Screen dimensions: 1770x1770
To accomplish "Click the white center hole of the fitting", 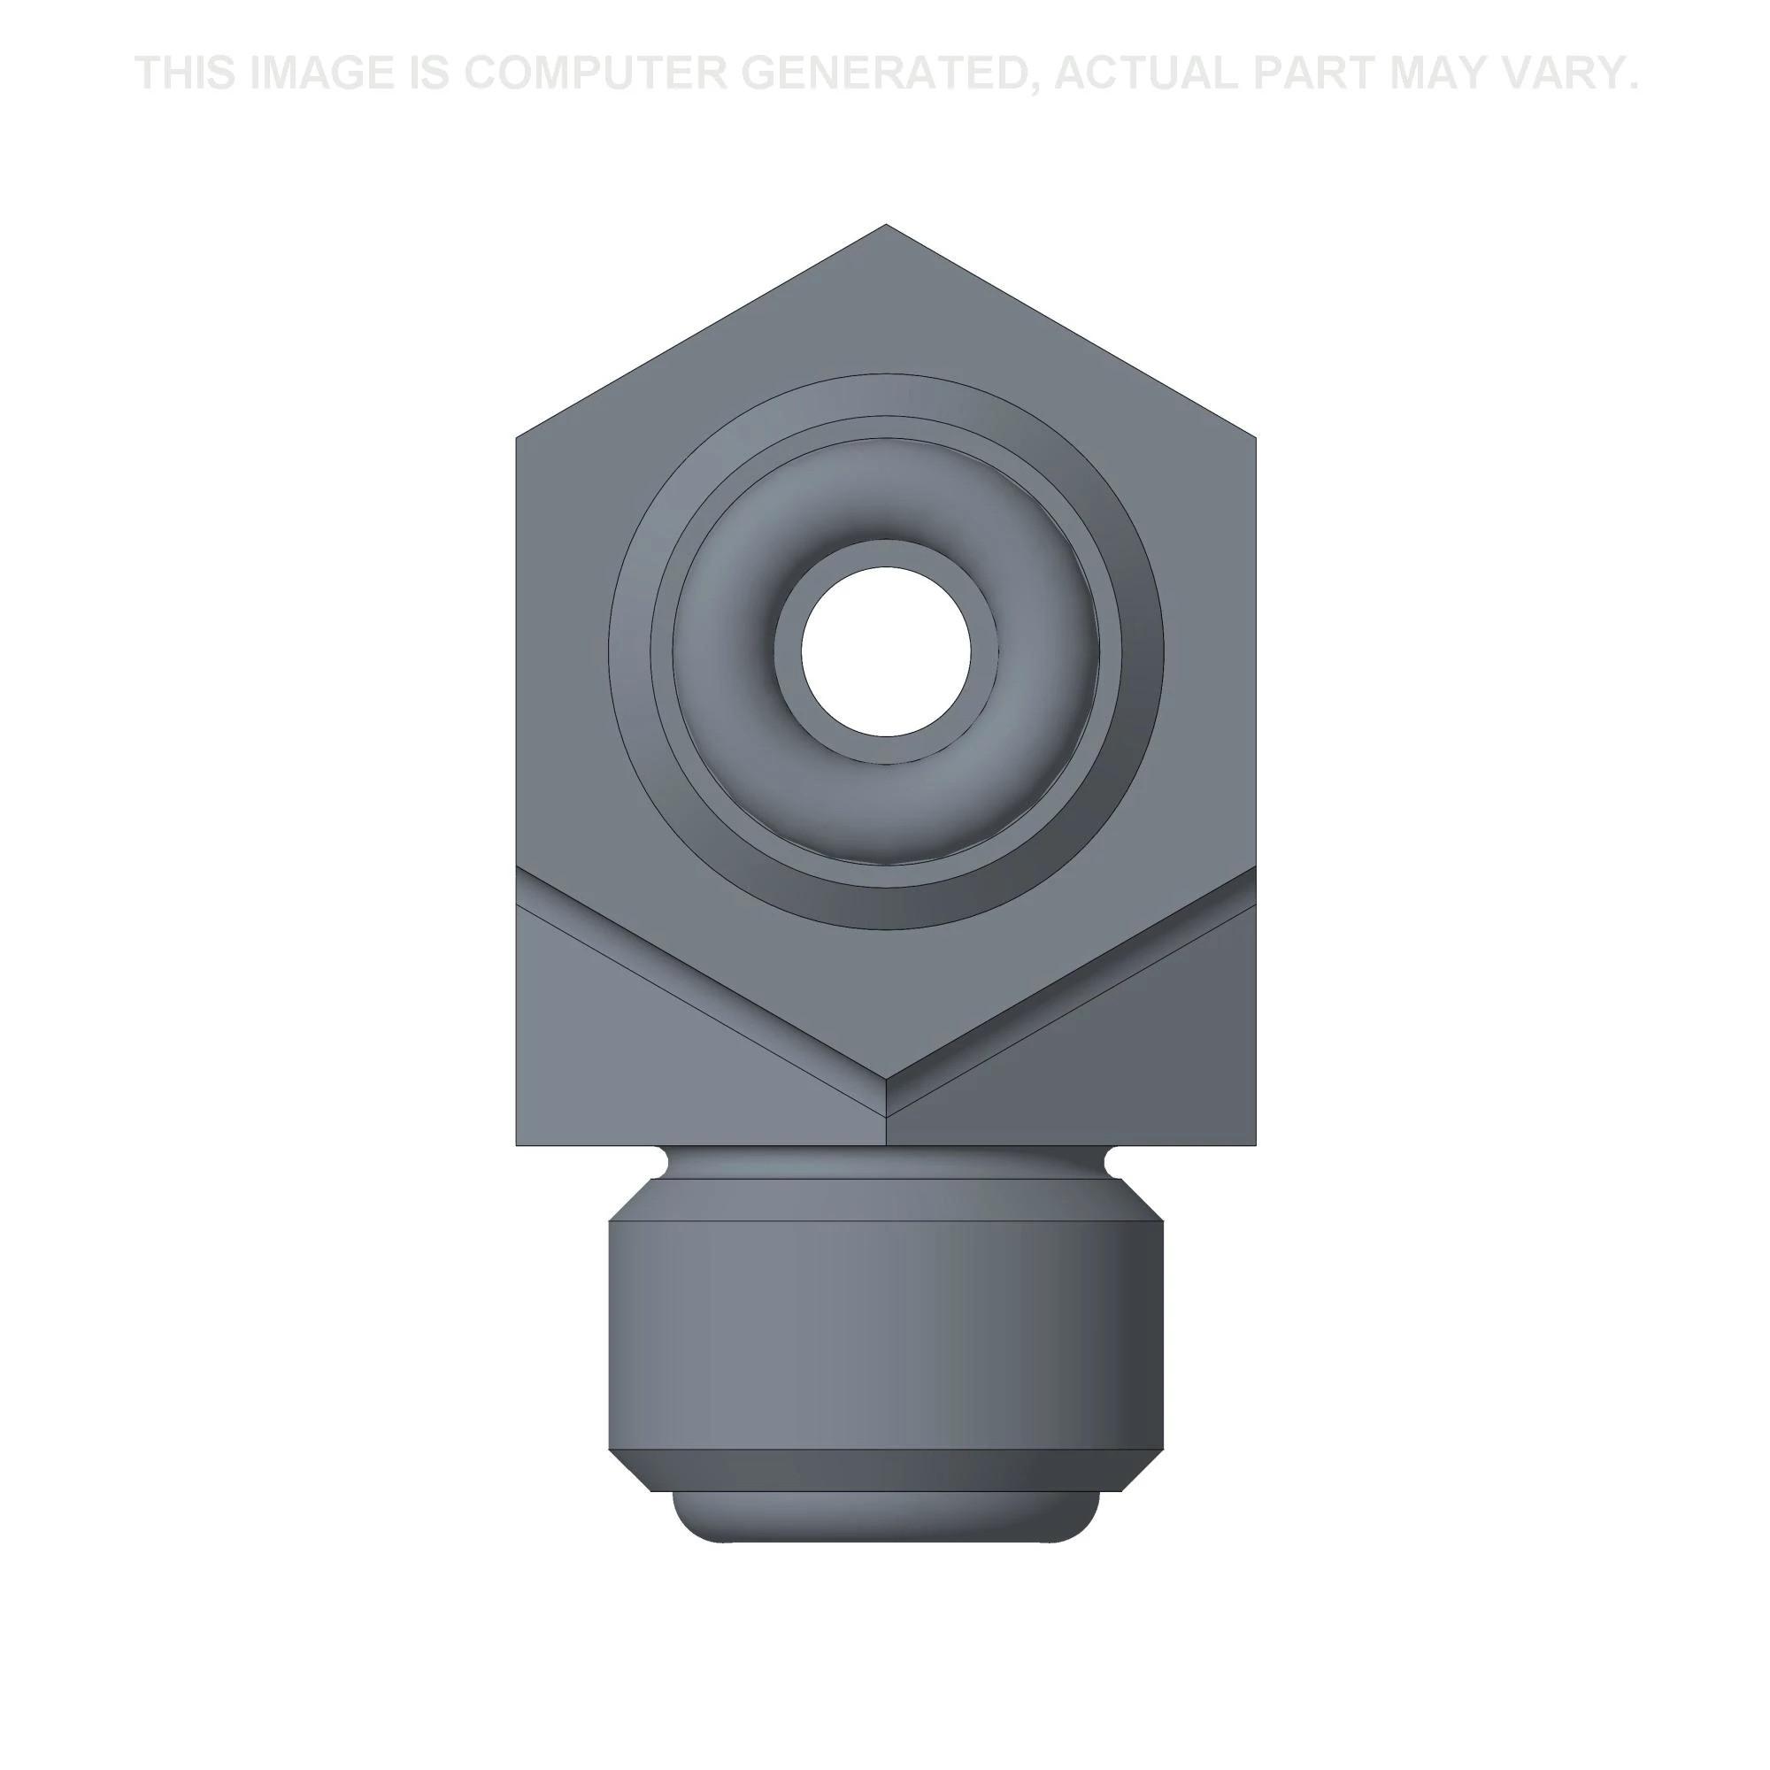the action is click(885, 650).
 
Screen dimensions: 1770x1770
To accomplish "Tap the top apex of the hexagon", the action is click(885, 224).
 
